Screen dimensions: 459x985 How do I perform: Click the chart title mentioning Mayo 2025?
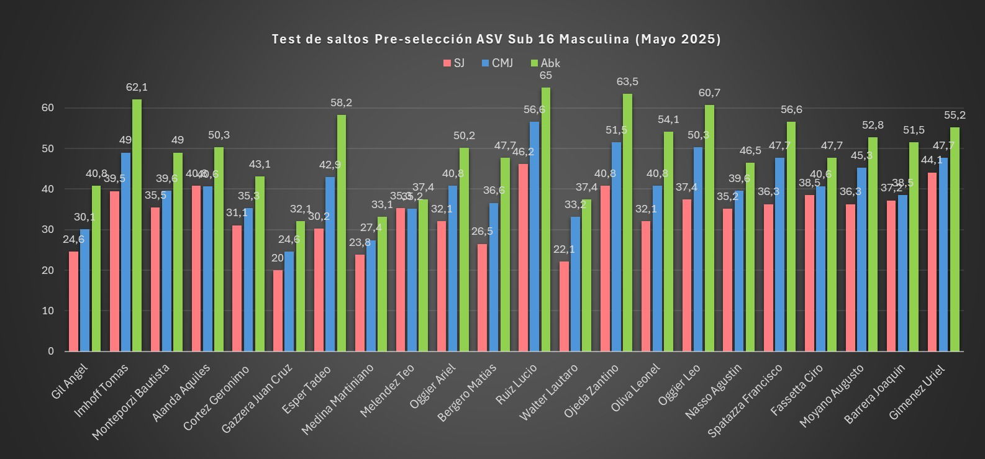point(496,39)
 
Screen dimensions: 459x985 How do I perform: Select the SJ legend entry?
point(453,63)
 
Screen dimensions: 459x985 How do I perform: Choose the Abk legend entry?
point(545,63)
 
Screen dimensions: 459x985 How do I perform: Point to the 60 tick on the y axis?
point(48,107)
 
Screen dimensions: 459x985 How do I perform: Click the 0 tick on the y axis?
point(50,351)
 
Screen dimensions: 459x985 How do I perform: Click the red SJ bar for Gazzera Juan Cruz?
point(278,311)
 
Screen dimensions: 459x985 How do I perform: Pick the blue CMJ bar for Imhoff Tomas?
point(125,252)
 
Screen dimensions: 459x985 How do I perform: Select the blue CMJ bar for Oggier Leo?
point(698,249)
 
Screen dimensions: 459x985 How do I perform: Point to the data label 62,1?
point(137,88)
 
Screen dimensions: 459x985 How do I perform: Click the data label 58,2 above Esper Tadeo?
point(341,102)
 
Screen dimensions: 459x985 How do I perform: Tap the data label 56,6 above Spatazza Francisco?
point(791,109)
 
